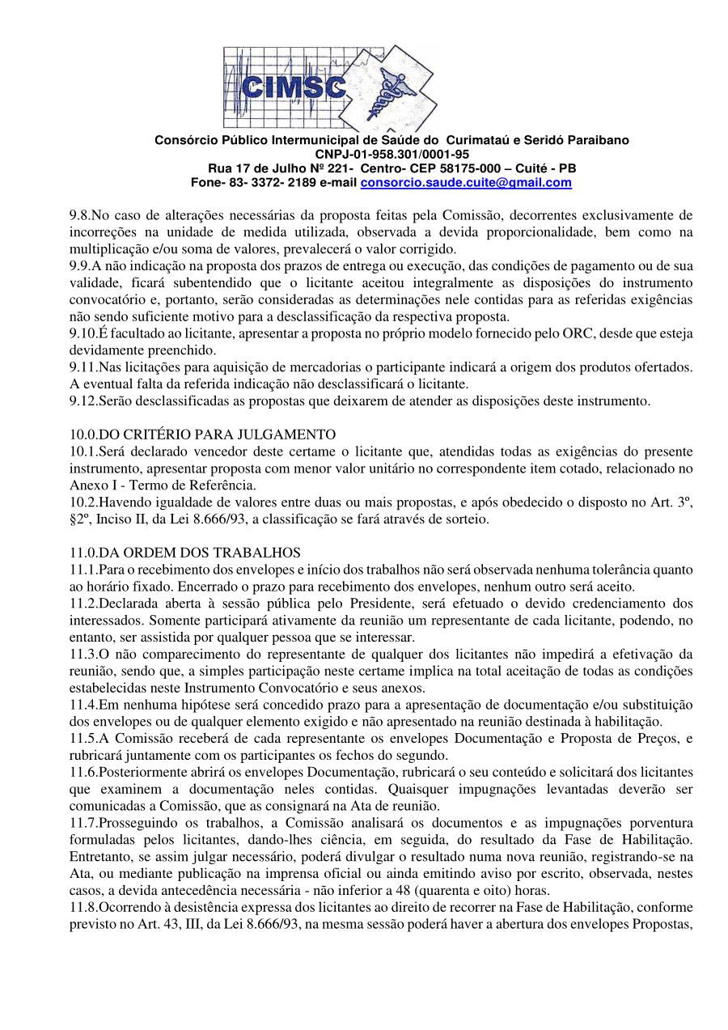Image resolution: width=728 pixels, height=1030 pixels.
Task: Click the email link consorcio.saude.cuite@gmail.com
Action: pyautogui.click(x=465, y=183)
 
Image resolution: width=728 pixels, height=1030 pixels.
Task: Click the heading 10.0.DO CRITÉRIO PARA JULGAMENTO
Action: pyautogui.click(x=202, y=434)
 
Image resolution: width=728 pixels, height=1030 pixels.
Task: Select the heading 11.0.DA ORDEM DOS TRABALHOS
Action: pyautogui.click(x=185, y=553)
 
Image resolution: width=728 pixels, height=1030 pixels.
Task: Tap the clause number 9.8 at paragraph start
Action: pyautogui.click(x=79, y=215)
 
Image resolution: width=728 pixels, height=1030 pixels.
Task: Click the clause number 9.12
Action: pyautogui.click(x=83, y=401)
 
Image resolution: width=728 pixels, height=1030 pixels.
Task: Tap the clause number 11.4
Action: pyautogui.click(x=83, y=705)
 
